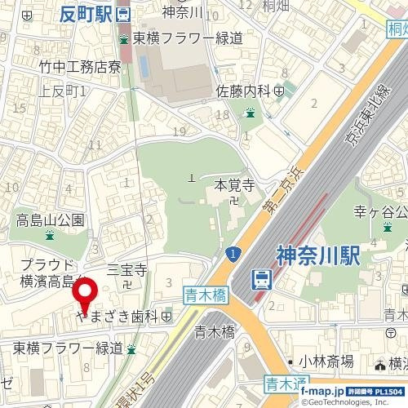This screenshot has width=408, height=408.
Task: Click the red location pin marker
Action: [85, 295]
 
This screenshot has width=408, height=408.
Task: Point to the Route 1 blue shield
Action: [234, 255]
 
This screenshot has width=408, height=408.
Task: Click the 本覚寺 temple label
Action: [230, 185]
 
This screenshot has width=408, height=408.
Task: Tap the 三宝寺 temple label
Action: [126, 269]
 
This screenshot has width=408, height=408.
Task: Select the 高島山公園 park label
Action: [50, 220]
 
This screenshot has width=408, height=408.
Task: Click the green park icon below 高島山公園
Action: [50, 236]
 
